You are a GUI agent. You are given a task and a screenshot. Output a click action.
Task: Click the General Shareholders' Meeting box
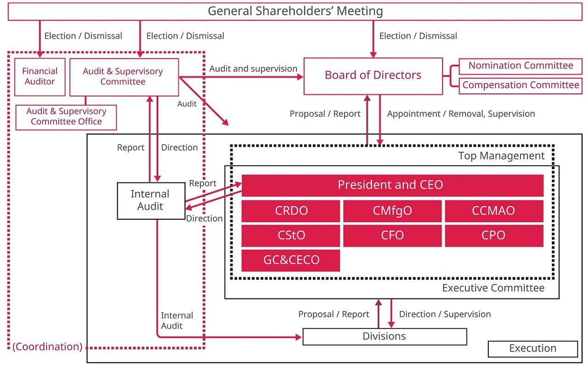(x=295, y=11)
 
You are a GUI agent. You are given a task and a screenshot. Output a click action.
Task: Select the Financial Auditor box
(x=40, y=76)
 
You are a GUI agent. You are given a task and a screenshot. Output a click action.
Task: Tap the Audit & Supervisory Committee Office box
(x=66, y=117)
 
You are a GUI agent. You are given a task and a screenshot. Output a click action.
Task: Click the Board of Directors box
(x=373, y=75)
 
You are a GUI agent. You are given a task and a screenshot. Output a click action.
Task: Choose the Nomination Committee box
(x=520, y=66)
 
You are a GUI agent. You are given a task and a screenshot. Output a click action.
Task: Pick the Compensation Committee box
(x=520, y=85)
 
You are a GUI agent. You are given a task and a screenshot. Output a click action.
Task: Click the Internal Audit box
(x=150, y=200)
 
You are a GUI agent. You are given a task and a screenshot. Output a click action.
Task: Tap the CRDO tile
(x=291, y=211)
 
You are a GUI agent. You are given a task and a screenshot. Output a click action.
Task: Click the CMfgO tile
(x=392, y=211)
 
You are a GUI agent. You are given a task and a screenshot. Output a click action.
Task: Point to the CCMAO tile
(x=494, y=211)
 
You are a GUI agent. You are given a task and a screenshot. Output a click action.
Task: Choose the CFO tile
(x=392, y=236)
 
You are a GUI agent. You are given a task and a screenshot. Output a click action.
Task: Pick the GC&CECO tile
(x=291, y=260)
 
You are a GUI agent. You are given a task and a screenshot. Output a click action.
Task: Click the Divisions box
(x=384, y=336)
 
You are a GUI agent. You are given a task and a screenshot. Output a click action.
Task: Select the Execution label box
(x=532, y=349)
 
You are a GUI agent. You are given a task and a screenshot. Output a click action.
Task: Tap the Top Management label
(x=501, y=156)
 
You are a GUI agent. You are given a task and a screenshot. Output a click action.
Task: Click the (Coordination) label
(x=47, y=347)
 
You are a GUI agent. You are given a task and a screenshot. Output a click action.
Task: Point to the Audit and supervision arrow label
(x=253, y=69)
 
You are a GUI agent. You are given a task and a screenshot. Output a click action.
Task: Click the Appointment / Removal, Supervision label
(x=461, y=113)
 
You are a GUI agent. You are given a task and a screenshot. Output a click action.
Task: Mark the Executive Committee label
(x=493, y=288)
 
